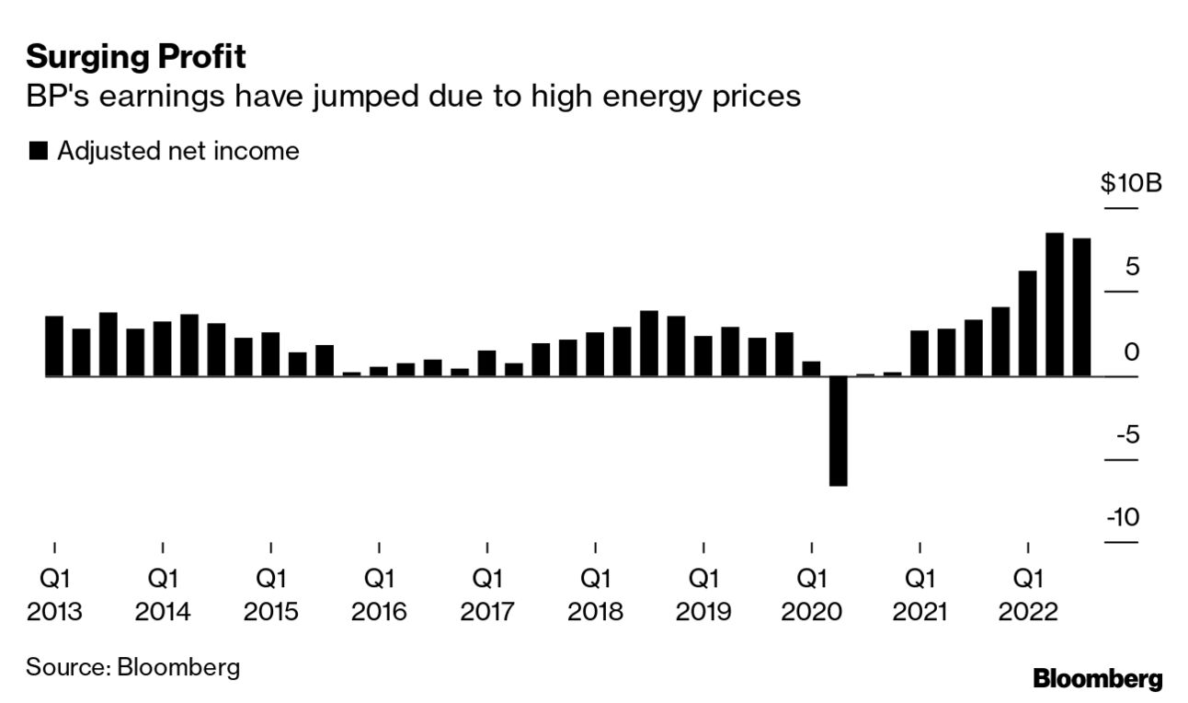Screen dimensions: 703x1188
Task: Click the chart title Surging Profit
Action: (136, 58)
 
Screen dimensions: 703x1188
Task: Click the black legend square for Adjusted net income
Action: (39, 152)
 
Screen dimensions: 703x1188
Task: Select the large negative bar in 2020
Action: (838, 430)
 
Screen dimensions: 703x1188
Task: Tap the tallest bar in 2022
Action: (1055, 305)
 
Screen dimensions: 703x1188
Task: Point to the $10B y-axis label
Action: (1131, 183)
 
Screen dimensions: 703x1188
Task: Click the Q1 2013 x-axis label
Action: (54, 594)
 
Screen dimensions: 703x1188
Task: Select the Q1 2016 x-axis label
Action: (379, 594)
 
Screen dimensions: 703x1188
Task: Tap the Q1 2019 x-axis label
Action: (703, 594)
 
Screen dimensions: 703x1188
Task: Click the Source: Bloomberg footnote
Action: (132, 666)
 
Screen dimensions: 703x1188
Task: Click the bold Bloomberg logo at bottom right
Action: (1098, 680)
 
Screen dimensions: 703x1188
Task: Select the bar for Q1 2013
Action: (54, 346)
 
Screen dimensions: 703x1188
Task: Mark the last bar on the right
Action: (1082, 307)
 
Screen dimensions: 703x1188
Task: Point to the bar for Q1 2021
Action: (920, 353)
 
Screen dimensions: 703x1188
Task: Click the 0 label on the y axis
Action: (1132, 351)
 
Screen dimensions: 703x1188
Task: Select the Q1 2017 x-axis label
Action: (487, 594)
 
